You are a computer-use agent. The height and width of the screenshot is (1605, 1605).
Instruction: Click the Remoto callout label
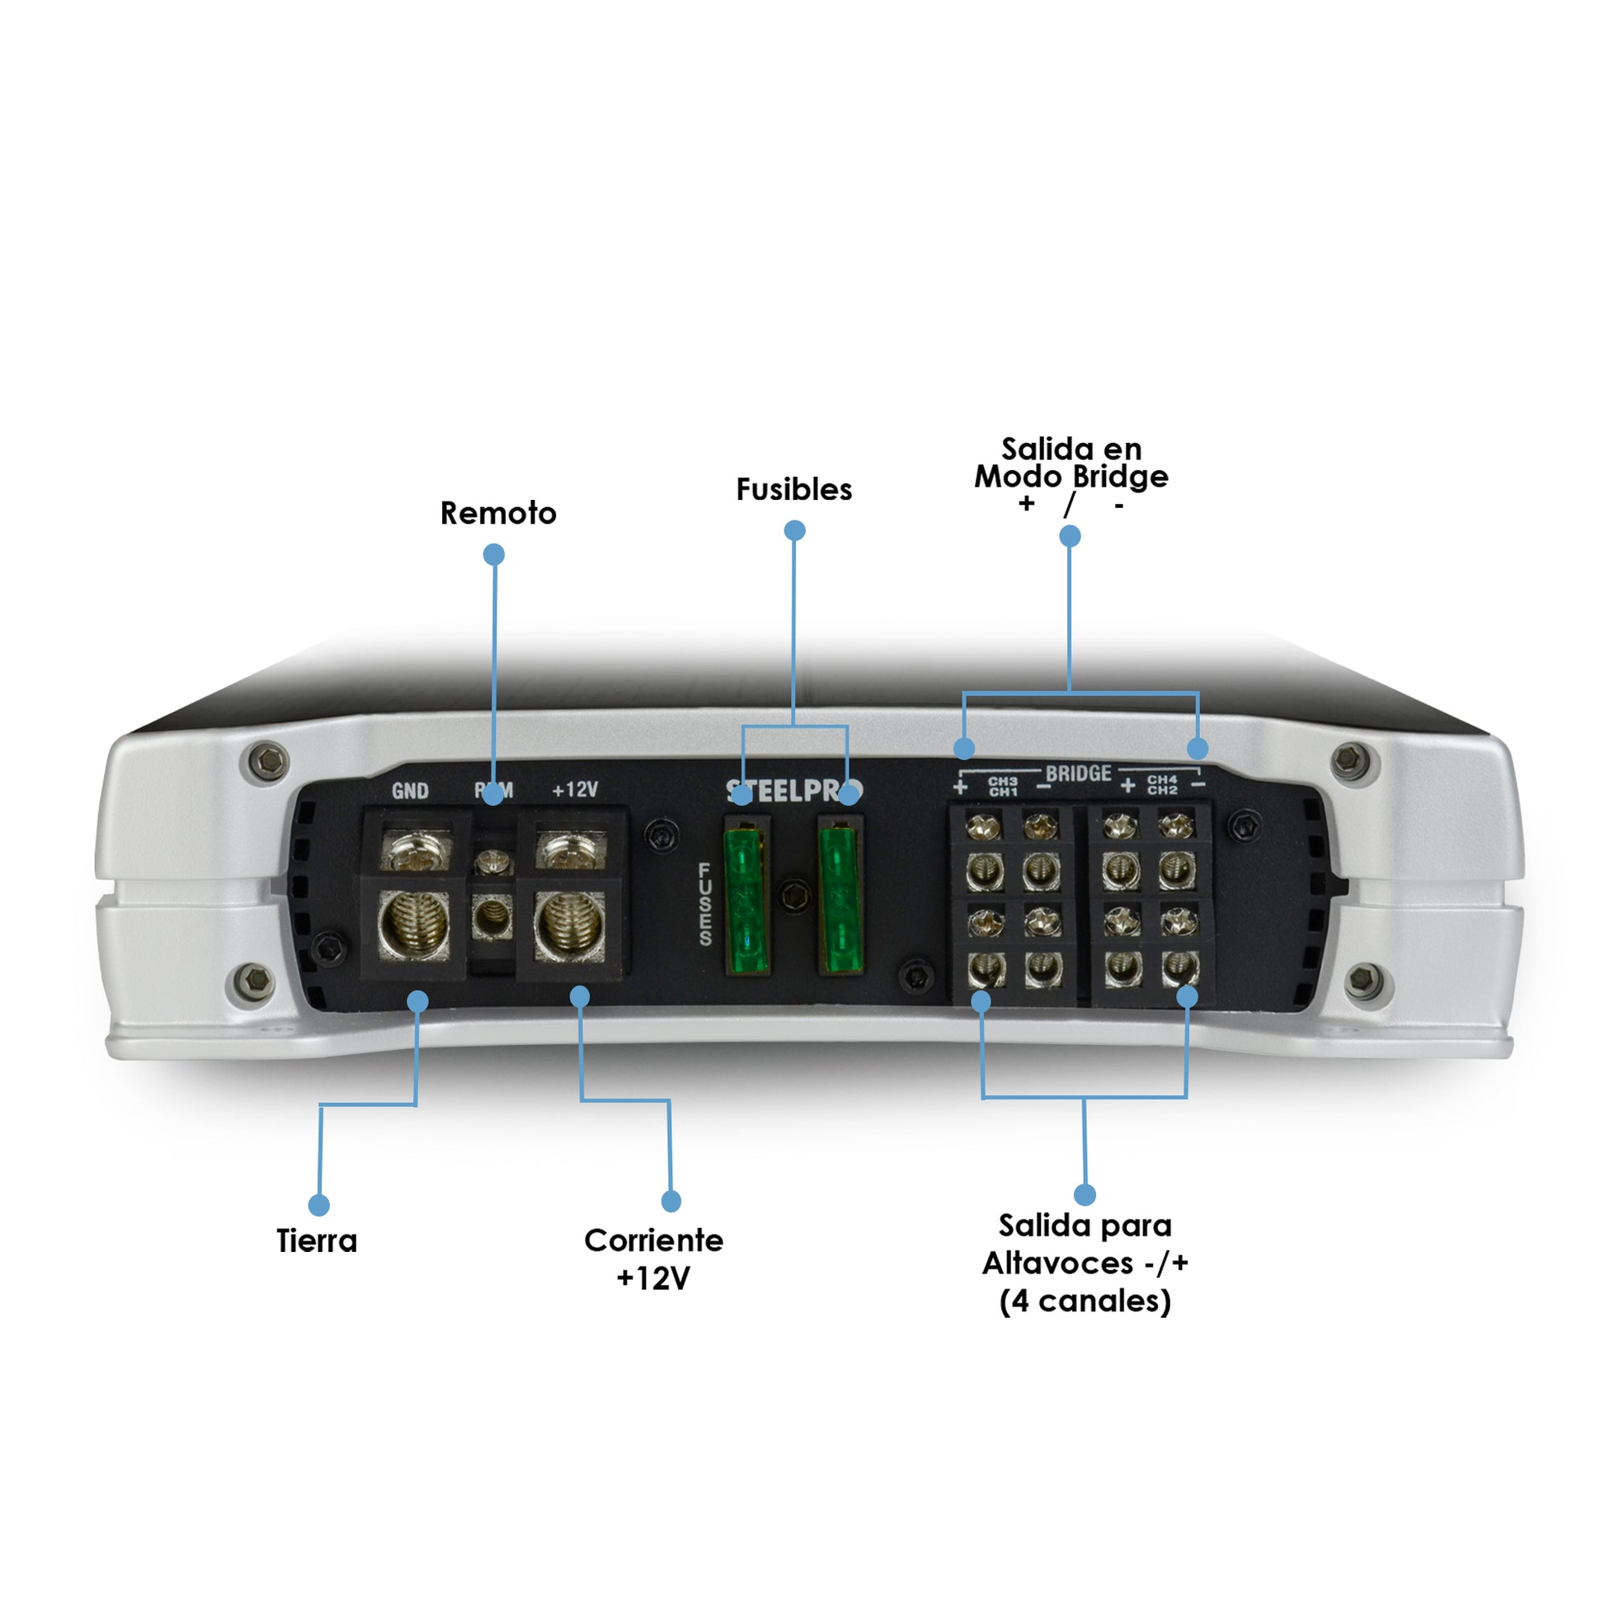pos(497,513)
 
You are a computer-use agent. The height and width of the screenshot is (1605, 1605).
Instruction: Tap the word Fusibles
pos(793,489)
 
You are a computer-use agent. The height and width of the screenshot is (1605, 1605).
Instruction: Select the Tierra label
pos(317,1241)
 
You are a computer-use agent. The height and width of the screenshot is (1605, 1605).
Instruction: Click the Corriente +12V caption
pos(653,1259)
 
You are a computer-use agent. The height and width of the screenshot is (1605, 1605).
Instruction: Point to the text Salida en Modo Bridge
pos(1071,464)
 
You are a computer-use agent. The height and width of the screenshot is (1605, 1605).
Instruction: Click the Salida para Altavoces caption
pos(1085,1263)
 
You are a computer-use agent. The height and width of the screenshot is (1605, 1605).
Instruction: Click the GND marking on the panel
pos(410,791)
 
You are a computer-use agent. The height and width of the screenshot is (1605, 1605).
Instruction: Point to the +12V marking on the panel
pos(575,789)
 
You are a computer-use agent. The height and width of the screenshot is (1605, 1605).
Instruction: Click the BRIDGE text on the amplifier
pos(1078,774)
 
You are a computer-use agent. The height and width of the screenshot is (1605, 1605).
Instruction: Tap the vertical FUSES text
pos(705,904)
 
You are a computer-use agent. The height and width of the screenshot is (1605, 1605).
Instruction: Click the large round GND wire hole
pos(413,925)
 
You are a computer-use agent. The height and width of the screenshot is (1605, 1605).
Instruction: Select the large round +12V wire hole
pos(570,925)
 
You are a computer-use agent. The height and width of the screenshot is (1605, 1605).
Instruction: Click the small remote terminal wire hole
pos(492,917)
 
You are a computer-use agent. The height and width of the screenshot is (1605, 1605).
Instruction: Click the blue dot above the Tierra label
pos(319,1205)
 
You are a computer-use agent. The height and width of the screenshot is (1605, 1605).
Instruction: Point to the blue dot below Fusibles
pos(794,530)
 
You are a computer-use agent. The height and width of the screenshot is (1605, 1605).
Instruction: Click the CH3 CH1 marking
pos(1003,786)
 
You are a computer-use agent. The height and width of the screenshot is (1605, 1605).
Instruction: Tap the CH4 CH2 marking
pos(1162,784)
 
